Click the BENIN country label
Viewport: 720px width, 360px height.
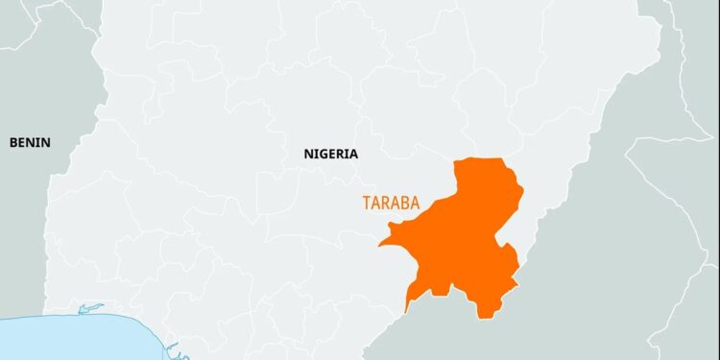pos(30,142)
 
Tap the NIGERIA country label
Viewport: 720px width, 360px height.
pos(330,154)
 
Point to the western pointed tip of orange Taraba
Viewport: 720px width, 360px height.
pos(380,244)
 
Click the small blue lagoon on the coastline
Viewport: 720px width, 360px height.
pos(89,308)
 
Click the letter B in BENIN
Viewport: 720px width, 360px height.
pos(13,142)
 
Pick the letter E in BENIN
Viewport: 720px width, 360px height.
pos(22,142)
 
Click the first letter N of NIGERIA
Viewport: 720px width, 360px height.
pos(308,154)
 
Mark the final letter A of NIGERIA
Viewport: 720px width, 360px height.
pos(353,154)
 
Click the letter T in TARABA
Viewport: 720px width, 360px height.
pos(366,203)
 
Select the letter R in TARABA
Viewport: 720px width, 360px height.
pos(386,203)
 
